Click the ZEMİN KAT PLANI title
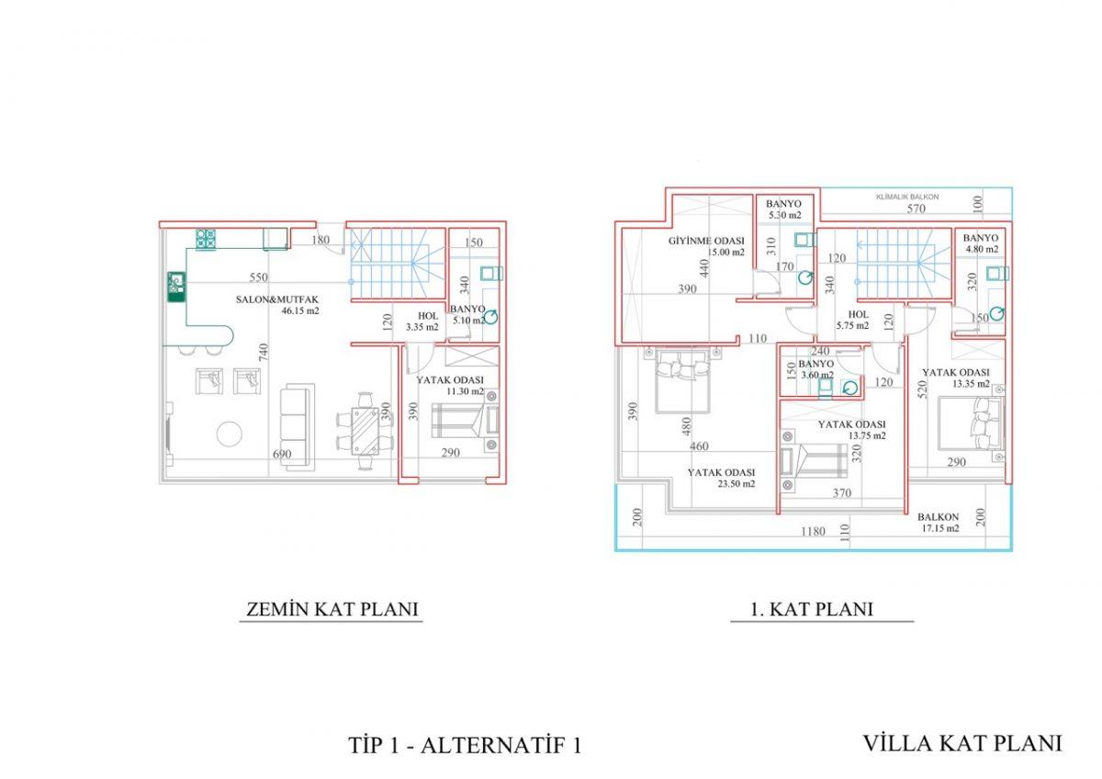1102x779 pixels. [332, 609]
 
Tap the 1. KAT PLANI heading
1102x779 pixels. [812, 609]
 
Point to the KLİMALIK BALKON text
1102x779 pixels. [907, 197]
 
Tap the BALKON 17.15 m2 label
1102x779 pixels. [939, 523]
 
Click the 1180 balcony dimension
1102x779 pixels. [814, 532]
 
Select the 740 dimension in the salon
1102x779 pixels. [264, 353]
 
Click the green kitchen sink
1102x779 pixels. [176, 287]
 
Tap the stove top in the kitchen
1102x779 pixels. [206, 240]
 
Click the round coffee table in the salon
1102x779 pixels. [230, 434]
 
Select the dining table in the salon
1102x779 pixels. [365, 431]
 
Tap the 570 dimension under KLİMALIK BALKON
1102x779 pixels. [916, 209]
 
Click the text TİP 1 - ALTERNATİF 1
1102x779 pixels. [465, 745]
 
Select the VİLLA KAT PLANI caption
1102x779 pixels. [962, 743]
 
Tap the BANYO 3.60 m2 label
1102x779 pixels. [815, 369]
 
